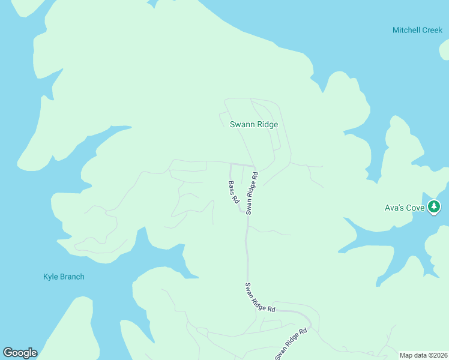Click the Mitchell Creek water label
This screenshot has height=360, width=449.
point(417,30)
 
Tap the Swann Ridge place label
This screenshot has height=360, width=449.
point(254,125)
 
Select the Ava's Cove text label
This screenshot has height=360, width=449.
point(405,208)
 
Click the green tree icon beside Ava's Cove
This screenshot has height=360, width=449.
point(435,207)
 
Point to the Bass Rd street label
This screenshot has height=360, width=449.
point(234,192)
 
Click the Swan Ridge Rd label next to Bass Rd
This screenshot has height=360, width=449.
point(252,193)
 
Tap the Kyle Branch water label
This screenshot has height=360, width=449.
point(64,277)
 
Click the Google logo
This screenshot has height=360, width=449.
point(20,353)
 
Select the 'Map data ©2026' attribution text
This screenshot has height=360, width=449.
point(423,355)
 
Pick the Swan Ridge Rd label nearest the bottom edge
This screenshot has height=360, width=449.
point(292,344)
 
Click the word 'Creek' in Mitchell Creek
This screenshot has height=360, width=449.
point(431,30)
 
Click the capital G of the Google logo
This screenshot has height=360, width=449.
point(8,353)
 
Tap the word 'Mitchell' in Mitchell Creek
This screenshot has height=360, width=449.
point(405,30)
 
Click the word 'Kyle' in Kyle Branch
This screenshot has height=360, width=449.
point(50,277)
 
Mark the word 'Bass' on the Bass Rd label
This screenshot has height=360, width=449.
point(232,188)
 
